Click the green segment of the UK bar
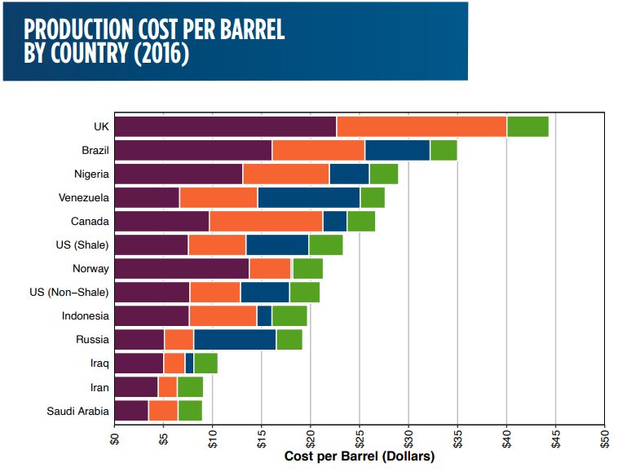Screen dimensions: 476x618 (x=528, y=126)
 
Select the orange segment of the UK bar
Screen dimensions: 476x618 (x=422, y=126)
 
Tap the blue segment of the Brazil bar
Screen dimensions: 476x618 (x=397, y=150)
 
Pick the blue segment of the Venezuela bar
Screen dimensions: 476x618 (x=309, y=197)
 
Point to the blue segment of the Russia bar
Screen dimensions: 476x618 (x=235, y=340)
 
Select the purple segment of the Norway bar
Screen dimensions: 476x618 (x=182, y=268)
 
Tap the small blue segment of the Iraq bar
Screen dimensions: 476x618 (x=189, y=364)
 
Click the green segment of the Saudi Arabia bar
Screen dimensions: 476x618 (x=190, y=411)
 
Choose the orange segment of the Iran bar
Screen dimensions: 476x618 (x=168, y=387)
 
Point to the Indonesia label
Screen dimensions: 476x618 (x=86, y=316)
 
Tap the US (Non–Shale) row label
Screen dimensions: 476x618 (x=74, y=292)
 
